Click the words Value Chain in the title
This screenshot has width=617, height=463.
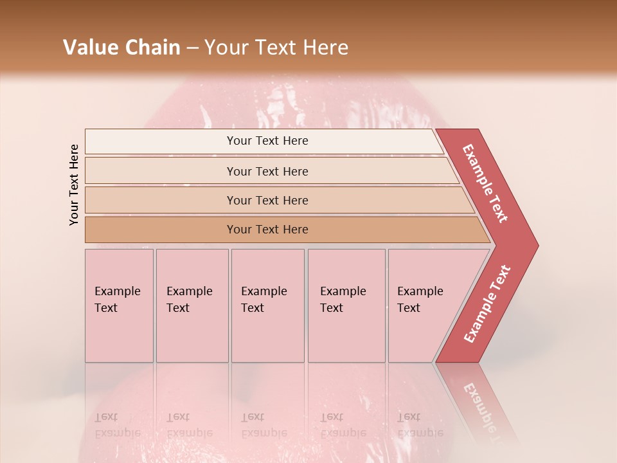[x=121, y=48]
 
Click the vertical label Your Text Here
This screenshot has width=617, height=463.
[x=74, y=185]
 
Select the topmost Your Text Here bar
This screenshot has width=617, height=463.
[x=267, y=141]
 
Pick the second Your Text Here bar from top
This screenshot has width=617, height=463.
[x=267, y=171]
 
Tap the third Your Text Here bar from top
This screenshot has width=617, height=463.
[x=267, y=200]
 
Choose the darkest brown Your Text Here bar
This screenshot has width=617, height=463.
[x=267, y=230]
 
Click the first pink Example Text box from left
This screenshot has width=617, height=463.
[x=119, y=305]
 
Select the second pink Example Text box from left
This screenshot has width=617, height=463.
[x=192, y=305]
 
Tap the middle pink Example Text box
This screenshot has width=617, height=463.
[x=267, y=305]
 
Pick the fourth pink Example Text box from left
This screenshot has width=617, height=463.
[x=346, y=305]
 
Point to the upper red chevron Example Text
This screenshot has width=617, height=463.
[x=485, y=183]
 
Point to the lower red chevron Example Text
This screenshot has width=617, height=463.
[x=487, y=304]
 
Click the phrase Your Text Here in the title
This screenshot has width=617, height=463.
[x=276, y=48]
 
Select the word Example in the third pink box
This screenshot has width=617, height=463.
[x=264, y=291]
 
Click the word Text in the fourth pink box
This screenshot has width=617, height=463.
[x=332, y=308]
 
